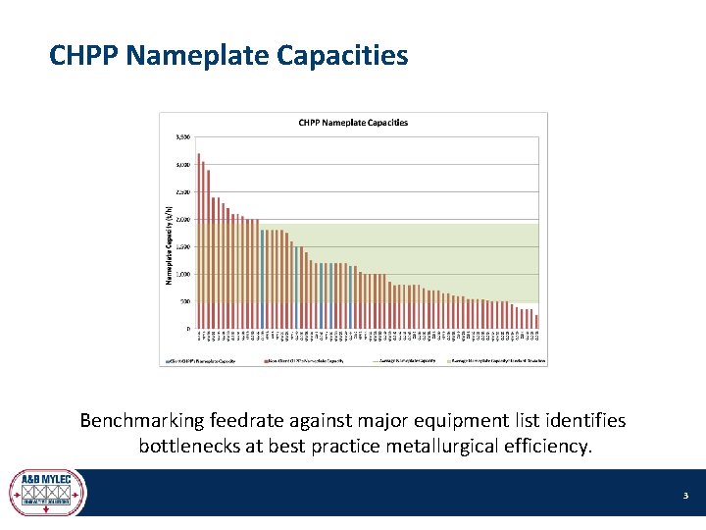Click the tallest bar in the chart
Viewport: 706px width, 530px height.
(198, 240)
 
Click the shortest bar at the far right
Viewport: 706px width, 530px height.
(536, 321)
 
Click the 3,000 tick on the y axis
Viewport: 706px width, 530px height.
(183, 164)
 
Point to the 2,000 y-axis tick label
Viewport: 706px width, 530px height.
(183, 219)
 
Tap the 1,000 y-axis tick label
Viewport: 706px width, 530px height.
(183, 274)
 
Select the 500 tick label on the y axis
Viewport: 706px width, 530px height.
(185, 301)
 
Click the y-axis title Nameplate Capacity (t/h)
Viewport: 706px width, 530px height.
(168, 245)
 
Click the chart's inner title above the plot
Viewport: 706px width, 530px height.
(353, 123)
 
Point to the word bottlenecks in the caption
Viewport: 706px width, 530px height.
(189, 447)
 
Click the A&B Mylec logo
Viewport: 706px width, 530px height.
(47, 492)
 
